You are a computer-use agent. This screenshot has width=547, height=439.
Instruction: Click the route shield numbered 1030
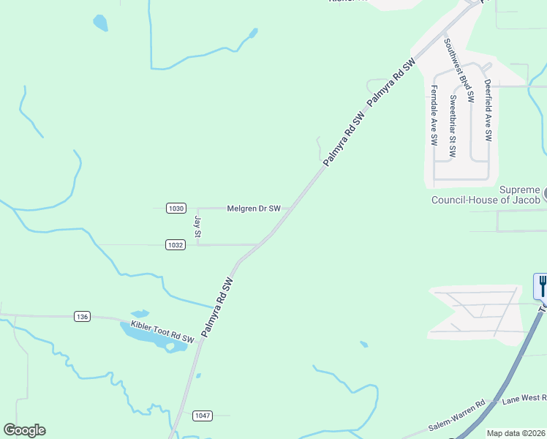pyautogui.click(x=176, y=208)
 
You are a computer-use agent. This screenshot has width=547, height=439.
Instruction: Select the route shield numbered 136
pyautogui.click(x=82, y=316)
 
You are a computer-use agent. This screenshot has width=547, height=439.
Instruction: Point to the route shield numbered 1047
pyautogui.click(x=203, y=416)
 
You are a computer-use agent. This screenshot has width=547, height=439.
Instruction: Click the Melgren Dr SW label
pyautogui.click(x=254, y=209)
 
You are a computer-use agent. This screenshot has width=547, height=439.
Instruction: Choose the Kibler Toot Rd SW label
pyautogui.click(x=162, y=332)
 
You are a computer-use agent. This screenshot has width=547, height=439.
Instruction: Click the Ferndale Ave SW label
pyautogui.click(x=434, y=116)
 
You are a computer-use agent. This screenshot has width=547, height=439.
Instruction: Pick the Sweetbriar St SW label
pyautogui.click(x=453, y=127)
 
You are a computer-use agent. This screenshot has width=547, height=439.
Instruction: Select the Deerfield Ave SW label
pyautogui.click(x=488, y=110)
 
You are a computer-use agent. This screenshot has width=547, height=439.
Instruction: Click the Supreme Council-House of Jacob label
pyautogui.click(x=485, y=195)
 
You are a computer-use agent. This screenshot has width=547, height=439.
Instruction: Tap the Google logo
pyautogui.click(x=24, y=430)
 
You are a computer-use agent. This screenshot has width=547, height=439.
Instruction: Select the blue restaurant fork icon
pyautogui.click(x=541, y=285)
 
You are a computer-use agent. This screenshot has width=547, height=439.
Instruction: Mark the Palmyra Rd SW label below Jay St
pyautogui.click(x=217, y=307)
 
